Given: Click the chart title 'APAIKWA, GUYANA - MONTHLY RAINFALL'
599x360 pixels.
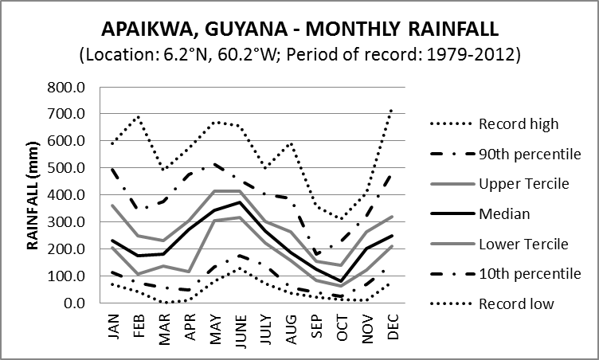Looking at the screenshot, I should [299, 29].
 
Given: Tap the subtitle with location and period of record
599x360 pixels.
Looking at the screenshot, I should [299, 56].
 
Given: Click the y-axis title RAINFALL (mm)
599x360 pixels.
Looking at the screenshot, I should [33, 195].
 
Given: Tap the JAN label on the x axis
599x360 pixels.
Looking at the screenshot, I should [114, 324].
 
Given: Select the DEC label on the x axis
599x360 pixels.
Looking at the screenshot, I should [393, 324].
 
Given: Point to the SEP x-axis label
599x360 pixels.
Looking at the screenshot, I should [317, 324].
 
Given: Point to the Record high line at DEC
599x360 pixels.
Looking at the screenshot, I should [393, 109].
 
